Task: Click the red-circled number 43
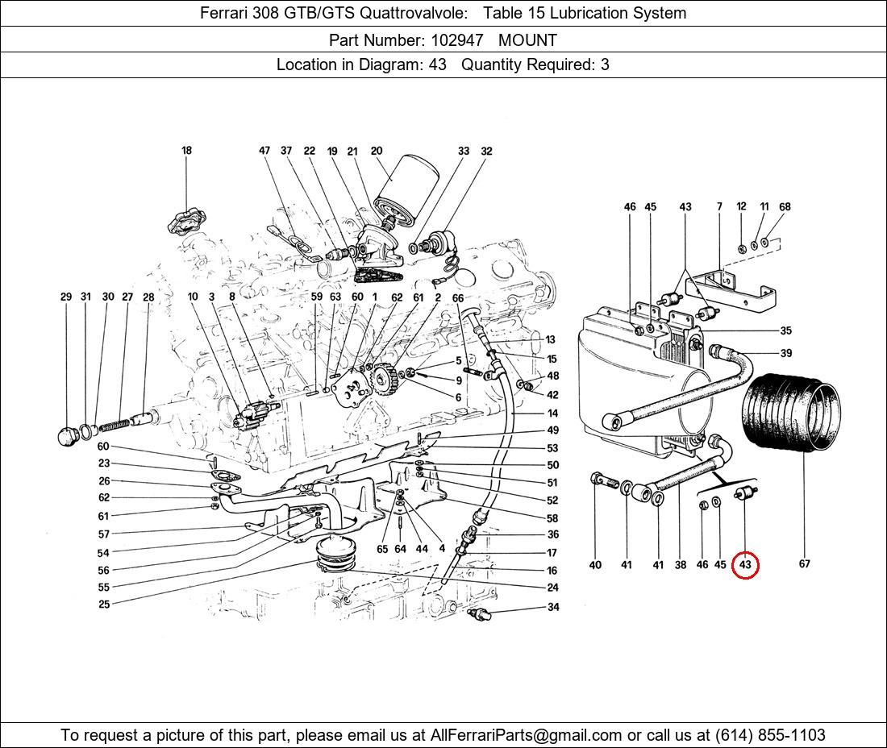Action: click(x=745, y=565)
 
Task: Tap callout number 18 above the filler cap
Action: click(x=186, y=151)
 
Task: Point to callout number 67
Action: click(x=804, y=564)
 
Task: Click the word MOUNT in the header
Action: click(x=527, y=39)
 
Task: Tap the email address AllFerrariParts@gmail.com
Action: click(x=527, y=735)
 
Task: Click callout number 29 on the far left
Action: click(x=66, y=297)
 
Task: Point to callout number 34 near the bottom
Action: click(x=553, y=608)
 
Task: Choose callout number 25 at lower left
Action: click(x=104, y=604)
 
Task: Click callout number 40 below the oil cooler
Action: click(x=595, y=565)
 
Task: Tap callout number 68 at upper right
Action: click(x=785, y=207)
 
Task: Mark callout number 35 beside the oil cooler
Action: click(x=785, y=331)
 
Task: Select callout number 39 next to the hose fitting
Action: click(x=785, y=353)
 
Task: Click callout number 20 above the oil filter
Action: click(x=377, y=151)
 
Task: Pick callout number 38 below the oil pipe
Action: click(x=681, y=565)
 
